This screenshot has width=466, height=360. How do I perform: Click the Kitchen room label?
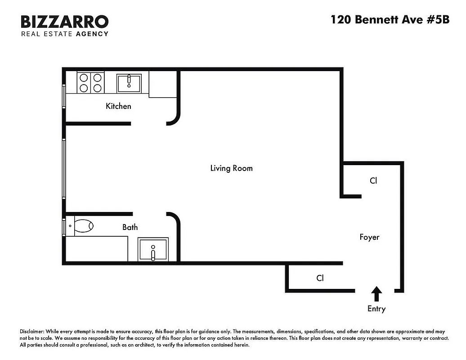(x=118, y=106)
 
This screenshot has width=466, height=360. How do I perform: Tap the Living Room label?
(x=231, y=168)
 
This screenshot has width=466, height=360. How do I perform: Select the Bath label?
(x=130, y=227)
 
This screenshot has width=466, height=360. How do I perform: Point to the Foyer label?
(x=369, y=237)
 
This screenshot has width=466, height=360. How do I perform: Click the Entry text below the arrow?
(x=376, y=309)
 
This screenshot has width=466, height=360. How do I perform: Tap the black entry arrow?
(x=376, y=294)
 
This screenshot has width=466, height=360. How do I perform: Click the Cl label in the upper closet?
(x=373, y=180)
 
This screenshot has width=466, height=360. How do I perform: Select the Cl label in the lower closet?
(x=320, y=278)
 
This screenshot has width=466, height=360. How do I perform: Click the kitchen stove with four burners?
(x=90, y=82)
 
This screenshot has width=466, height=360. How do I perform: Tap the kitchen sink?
(x=129, y=83)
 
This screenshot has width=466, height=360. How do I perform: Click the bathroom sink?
(x=153, y=250)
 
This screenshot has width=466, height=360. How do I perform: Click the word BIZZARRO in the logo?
(x=65, y=22)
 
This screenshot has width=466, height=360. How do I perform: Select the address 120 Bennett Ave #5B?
(x=390, y=20)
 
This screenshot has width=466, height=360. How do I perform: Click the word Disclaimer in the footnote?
(x=32, y=331)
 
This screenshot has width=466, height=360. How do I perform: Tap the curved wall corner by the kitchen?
(x=174, y=118)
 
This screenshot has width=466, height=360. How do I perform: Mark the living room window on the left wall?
(x=64, y=168)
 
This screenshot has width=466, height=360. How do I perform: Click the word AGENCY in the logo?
(x=92, y=34)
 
